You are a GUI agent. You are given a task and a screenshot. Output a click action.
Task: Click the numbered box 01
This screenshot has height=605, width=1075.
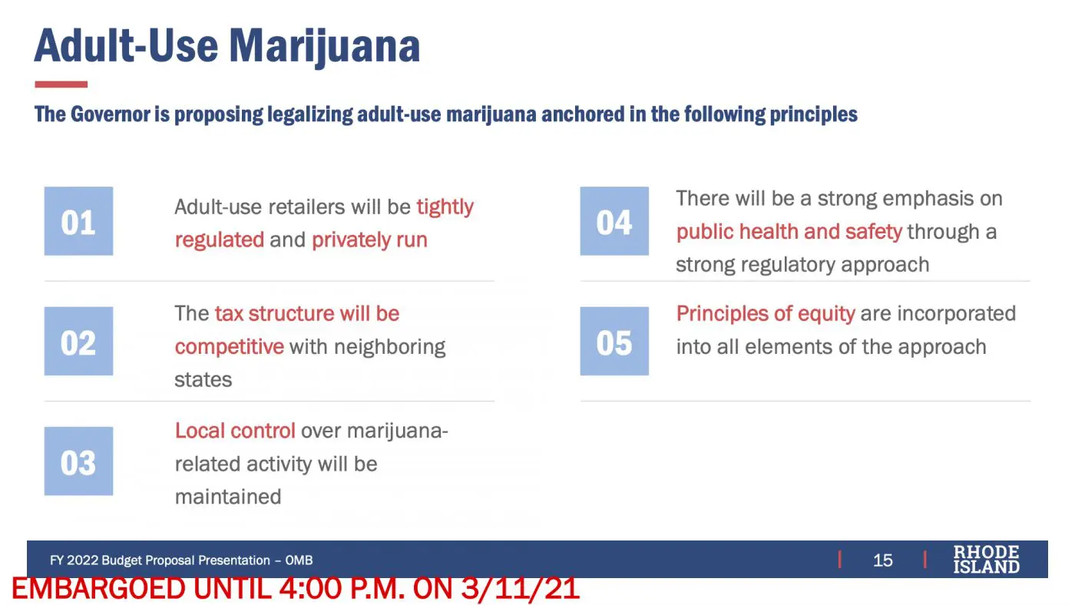[78, 220]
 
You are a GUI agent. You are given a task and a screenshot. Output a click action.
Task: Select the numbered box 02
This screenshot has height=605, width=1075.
[78, 341]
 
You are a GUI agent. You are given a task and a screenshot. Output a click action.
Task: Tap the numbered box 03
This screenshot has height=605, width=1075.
[78, 461]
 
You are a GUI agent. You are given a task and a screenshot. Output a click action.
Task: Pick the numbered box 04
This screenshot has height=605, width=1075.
[614, 220]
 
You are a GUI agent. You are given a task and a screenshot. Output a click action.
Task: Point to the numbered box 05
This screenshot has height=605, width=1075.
[614, 341]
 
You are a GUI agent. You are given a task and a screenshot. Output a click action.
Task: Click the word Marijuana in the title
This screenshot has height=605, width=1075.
[324, 47]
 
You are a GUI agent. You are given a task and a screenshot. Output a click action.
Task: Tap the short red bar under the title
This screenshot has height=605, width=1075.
[61, 84]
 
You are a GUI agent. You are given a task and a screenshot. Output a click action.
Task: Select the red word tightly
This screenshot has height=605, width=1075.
[445, 208]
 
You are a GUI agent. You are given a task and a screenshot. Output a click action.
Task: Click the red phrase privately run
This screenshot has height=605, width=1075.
[369, 240]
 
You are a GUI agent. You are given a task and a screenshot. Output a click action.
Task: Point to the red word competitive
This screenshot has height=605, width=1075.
[230, 346]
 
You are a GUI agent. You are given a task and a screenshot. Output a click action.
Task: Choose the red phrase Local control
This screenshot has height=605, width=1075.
[235, 431]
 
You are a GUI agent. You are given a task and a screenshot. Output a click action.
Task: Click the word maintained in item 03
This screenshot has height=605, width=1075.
[228, 497]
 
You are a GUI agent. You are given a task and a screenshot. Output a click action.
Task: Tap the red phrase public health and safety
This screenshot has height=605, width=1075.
[789, 232]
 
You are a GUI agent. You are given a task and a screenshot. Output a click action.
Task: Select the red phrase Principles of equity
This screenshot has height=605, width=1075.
[766, 314]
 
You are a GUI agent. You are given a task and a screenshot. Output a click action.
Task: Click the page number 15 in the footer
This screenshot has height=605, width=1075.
[882, 560]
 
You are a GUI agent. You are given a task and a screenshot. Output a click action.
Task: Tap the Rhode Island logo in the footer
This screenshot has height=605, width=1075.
[986, 560]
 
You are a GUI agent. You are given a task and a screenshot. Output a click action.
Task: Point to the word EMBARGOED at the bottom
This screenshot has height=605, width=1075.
[98, 589]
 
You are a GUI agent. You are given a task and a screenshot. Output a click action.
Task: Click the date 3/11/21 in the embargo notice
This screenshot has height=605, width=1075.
[521, 589]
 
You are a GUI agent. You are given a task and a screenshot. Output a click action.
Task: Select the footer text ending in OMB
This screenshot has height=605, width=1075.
[181, 560]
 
